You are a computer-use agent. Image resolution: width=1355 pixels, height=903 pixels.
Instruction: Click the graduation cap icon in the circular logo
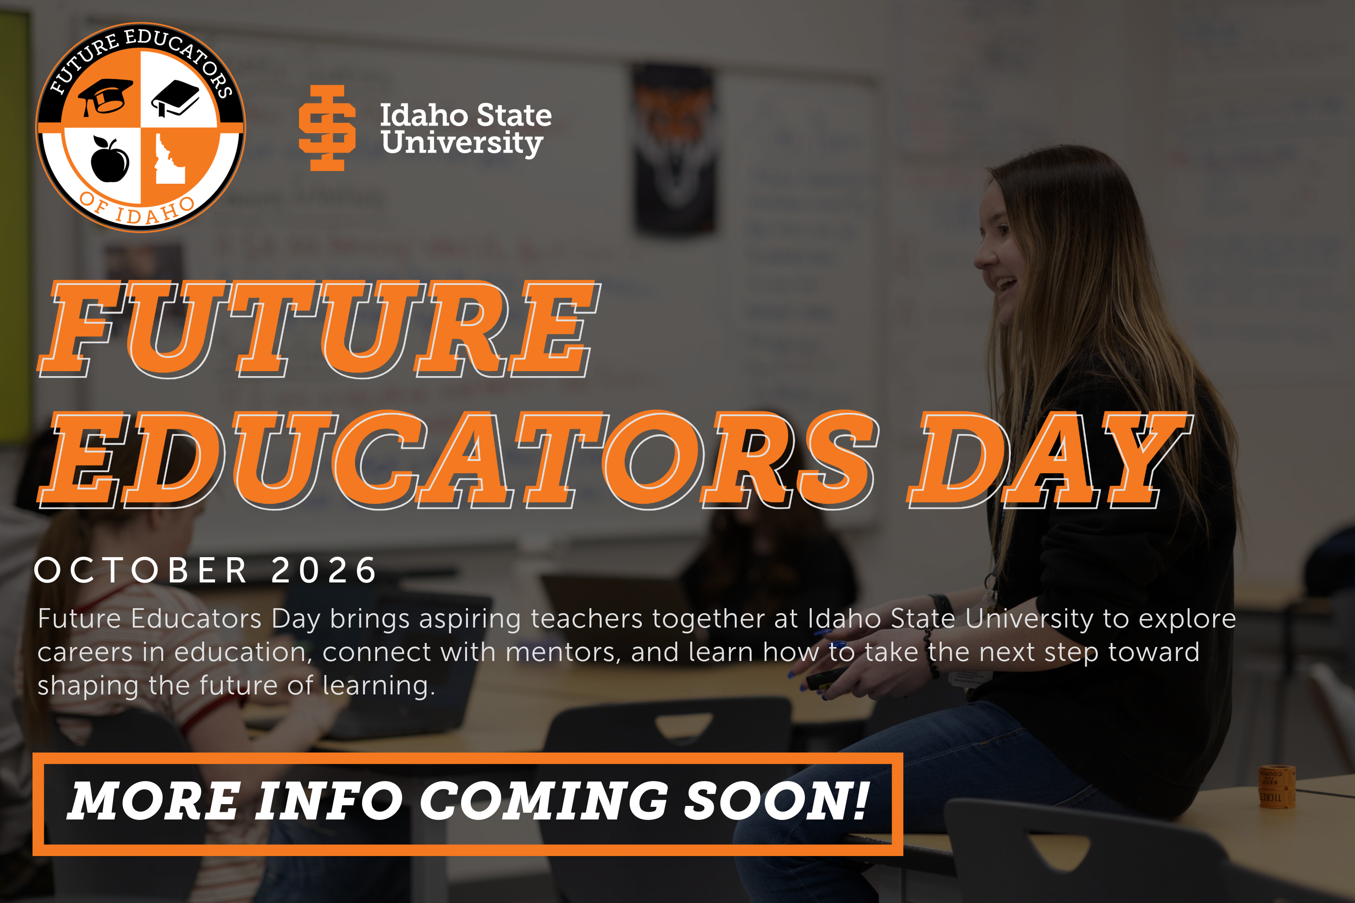(105, 97)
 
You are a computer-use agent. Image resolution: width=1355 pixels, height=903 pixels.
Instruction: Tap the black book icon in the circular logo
(175, 97)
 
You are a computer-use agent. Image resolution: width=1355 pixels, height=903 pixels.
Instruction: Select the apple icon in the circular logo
(109, 159)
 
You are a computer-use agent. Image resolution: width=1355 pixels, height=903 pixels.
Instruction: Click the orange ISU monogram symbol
(327, 128)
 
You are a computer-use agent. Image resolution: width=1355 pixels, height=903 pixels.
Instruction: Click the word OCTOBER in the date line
(141, 571)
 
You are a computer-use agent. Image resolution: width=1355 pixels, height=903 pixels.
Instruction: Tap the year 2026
(324, 571)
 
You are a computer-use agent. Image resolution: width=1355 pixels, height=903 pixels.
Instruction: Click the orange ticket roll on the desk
(1276, 787)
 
